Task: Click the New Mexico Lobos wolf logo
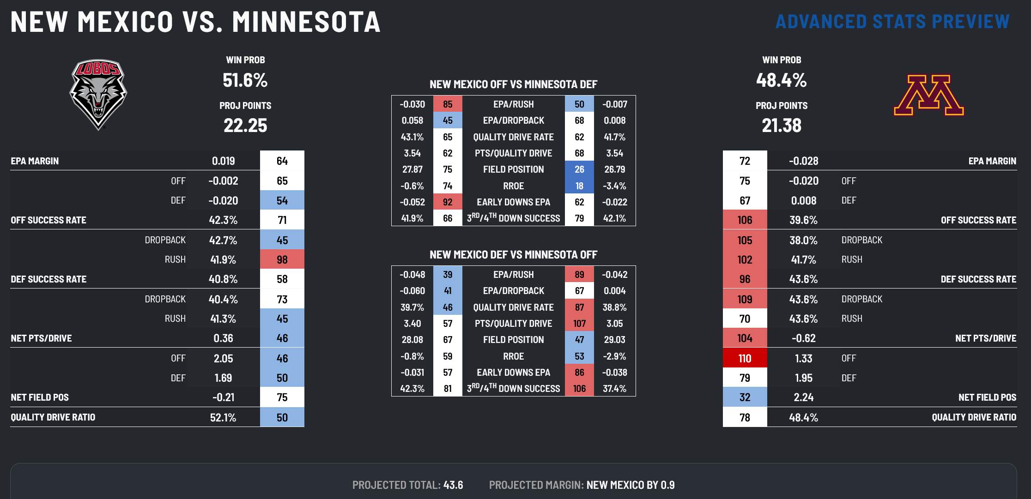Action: point(98,94)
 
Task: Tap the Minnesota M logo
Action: point(928,95)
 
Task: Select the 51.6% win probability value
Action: point(245,80)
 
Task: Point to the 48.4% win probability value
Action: point(781,80)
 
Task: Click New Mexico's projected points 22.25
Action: point(245,126)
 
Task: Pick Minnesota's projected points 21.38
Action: point(781,126)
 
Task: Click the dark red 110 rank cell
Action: point(745,358)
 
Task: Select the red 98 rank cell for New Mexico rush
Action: point(282,259)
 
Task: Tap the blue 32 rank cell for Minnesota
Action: point(745,397)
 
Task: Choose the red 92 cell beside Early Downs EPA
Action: point(448,202)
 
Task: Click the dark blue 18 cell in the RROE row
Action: point(579,186)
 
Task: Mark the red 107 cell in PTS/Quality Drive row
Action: point(579,324)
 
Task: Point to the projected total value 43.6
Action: point(453,485)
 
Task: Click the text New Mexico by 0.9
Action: point(631,485)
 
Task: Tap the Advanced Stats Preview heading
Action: point(892,22)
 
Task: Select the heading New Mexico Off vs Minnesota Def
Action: point(513,84)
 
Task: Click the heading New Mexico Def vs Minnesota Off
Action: point(513,255)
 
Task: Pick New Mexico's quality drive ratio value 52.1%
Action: point(223,418)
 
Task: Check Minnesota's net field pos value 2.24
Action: point(803,397)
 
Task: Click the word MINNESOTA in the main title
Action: point(306,22)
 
